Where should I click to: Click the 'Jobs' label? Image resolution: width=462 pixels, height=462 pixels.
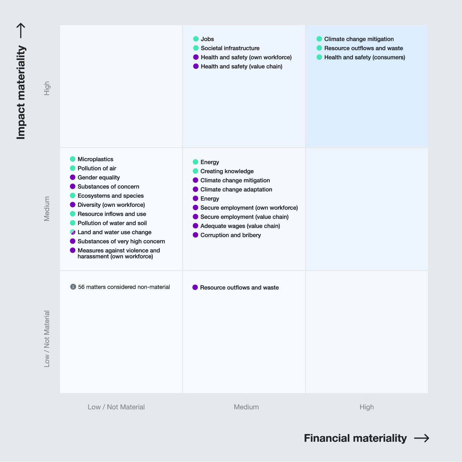click(x=207, y=39)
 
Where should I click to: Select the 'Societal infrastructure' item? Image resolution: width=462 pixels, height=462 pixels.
click(x=230, y=48)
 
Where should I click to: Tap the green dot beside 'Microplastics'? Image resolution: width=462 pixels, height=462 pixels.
click(x=73, y=159)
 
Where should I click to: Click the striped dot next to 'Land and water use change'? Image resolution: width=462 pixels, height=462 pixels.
click(x=73, y=232)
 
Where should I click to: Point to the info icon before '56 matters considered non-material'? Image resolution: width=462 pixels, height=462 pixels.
click(x=73, y=287)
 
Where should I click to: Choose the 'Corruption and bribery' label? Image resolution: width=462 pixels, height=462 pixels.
click(x=230, y=235)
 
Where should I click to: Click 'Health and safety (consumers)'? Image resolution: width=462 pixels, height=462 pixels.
click(x=364, y=57)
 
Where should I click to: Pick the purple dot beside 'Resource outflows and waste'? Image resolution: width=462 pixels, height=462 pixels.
click(x=195, y=287)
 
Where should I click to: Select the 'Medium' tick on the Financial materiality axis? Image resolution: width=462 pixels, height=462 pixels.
click(x=246, y=407)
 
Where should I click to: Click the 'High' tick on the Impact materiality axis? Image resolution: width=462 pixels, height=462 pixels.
click(x=47, y=88)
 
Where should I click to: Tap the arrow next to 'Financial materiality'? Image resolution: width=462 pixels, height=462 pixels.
click(x=422, y=438)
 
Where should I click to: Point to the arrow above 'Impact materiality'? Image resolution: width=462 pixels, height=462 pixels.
click(x=21, y=30)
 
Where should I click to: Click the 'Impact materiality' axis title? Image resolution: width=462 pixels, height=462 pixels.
click(x=21, y=92)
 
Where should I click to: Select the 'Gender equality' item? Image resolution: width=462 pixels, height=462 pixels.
click(x=99, y=177)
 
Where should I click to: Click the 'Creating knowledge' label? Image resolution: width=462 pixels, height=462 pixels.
click(x=227, y=171)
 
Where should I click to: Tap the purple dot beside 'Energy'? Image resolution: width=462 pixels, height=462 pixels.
click(x=195, y=198)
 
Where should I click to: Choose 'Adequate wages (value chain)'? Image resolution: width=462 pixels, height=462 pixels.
click(x=240, y=226)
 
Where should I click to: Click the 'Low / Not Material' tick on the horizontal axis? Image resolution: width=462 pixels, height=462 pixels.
click(x=116, y=407)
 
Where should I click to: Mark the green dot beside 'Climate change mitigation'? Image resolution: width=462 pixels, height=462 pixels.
click(x=319, y=39)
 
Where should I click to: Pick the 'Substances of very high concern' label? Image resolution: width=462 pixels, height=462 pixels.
click(x=121, y=241)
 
